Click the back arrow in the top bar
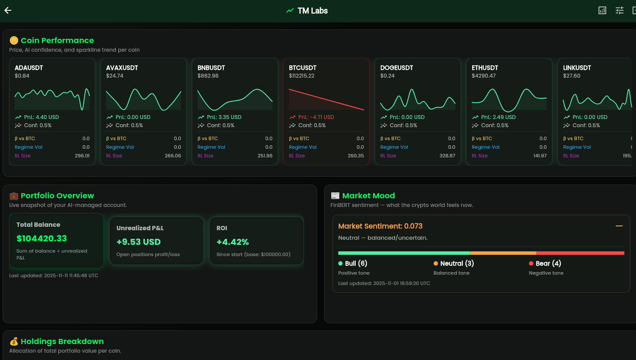(8, 11)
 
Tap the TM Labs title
(312, 11)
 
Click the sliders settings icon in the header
(619, 11)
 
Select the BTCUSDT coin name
(303, 68)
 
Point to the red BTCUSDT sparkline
(326, 100)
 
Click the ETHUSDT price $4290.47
(484, 76)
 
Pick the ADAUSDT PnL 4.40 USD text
(41, 117)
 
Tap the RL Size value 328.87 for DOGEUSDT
(447, 156)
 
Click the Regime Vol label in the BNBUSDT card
(211, 147)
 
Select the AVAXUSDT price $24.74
(115, 76)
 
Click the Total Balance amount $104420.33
(42, 238)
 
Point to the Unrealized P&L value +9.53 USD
(138, 242)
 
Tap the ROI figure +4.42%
(232, 242)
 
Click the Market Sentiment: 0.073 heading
(380, 226)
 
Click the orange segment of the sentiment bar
(503, 253)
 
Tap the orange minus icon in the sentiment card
(619, 226)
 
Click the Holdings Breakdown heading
(62, 341)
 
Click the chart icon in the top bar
(602, 11)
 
